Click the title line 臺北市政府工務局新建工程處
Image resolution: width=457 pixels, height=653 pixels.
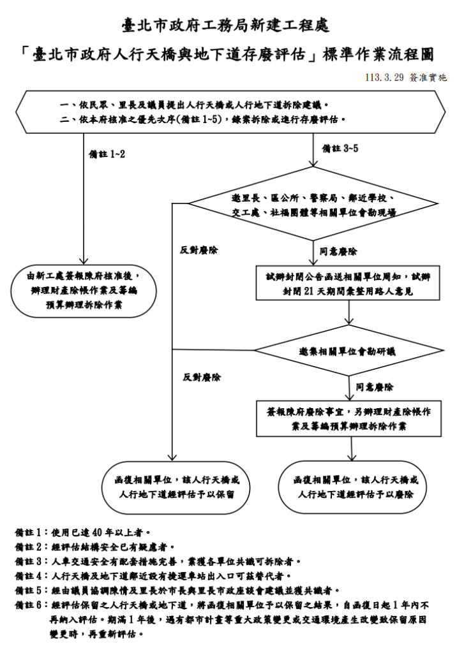(228, 26)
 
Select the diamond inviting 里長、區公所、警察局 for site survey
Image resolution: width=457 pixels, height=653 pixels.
(313, 204)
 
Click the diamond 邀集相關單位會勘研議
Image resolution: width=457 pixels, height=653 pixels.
(347, 351)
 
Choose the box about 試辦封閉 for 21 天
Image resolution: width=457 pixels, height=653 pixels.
(348, 283)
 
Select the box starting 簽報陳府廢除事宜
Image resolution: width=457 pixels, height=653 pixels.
(348, 418)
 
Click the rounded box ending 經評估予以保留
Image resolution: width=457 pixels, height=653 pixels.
(174, 487)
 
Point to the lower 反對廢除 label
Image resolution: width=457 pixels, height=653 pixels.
(202, 377)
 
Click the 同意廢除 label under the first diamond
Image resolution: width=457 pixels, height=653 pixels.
(338, 251)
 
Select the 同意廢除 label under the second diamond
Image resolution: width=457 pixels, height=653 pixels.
(375, 386)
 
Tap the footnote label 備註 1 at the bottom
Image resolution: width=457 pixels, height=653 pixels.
(31, 531)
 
